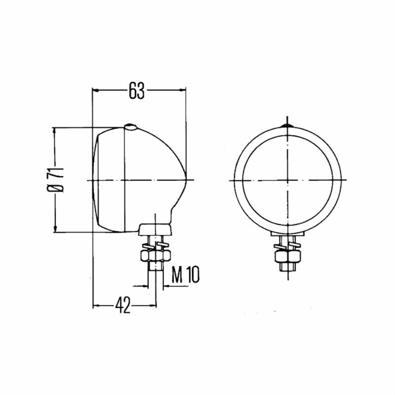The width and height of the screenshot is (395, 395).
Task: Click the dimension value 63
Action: tap(137, 90)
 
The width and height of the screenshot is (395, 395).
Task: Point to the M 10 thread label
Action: tap(186, 274)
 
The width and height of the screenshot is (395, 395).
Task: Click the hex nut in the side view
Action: tap(156, 256)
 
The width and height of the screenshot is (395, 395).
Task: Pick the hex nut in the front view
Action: tap(288, 256)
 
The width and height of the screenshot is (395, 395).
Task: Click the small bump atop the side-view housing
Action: tap(130, 127)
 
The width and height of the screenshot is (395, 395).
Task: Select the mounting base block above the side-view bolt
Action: tap(155, 229)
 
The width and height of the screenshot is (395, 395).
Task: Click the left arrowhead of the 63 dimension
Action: tap(96, 90)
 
